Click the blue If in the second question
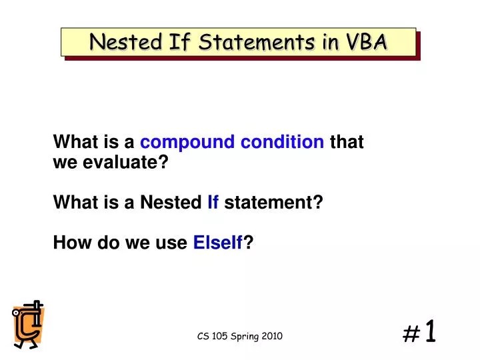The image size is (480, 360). [213, 203]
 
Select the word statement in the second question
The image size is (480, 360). [273, 203]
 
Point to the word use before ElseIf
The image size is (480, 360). [175, 244]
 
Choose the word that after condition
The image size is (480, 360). [347, 142]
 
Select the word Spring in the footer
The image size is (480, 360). [243, 337]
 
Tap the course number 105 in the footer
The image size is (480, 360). [218, 337]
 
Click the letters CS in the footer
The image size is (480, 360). [203, 337]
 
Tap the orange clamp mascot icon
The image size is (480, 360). [28, 324]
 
